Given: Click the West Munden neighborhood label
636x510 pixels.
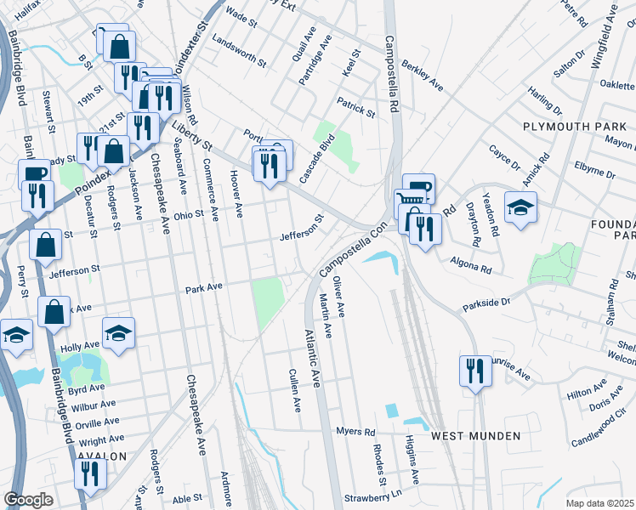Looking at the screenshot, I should tap(475, 436).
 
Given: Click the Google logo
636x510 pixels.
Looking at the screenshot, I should tap(28, 500).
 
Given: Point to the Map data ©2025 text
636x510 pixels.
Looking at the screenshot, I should tap(600, 502).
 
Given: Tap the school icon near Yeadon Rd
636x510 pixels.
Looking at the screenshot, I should tap(520, 207).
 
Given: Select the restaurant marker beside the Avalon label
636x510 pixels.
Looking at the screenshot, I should tap(90, 473).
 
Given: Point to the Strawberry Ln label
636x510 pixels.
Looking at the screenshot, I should tap(372, 497).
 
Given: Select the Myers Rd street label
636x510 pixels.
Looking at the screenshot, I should tap(355, 432).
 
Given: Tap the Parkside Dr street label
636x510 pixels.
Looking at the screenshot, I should tap(486, 302).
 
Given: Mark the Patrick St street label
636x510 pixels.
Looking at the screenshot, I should tap(355, 106).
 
